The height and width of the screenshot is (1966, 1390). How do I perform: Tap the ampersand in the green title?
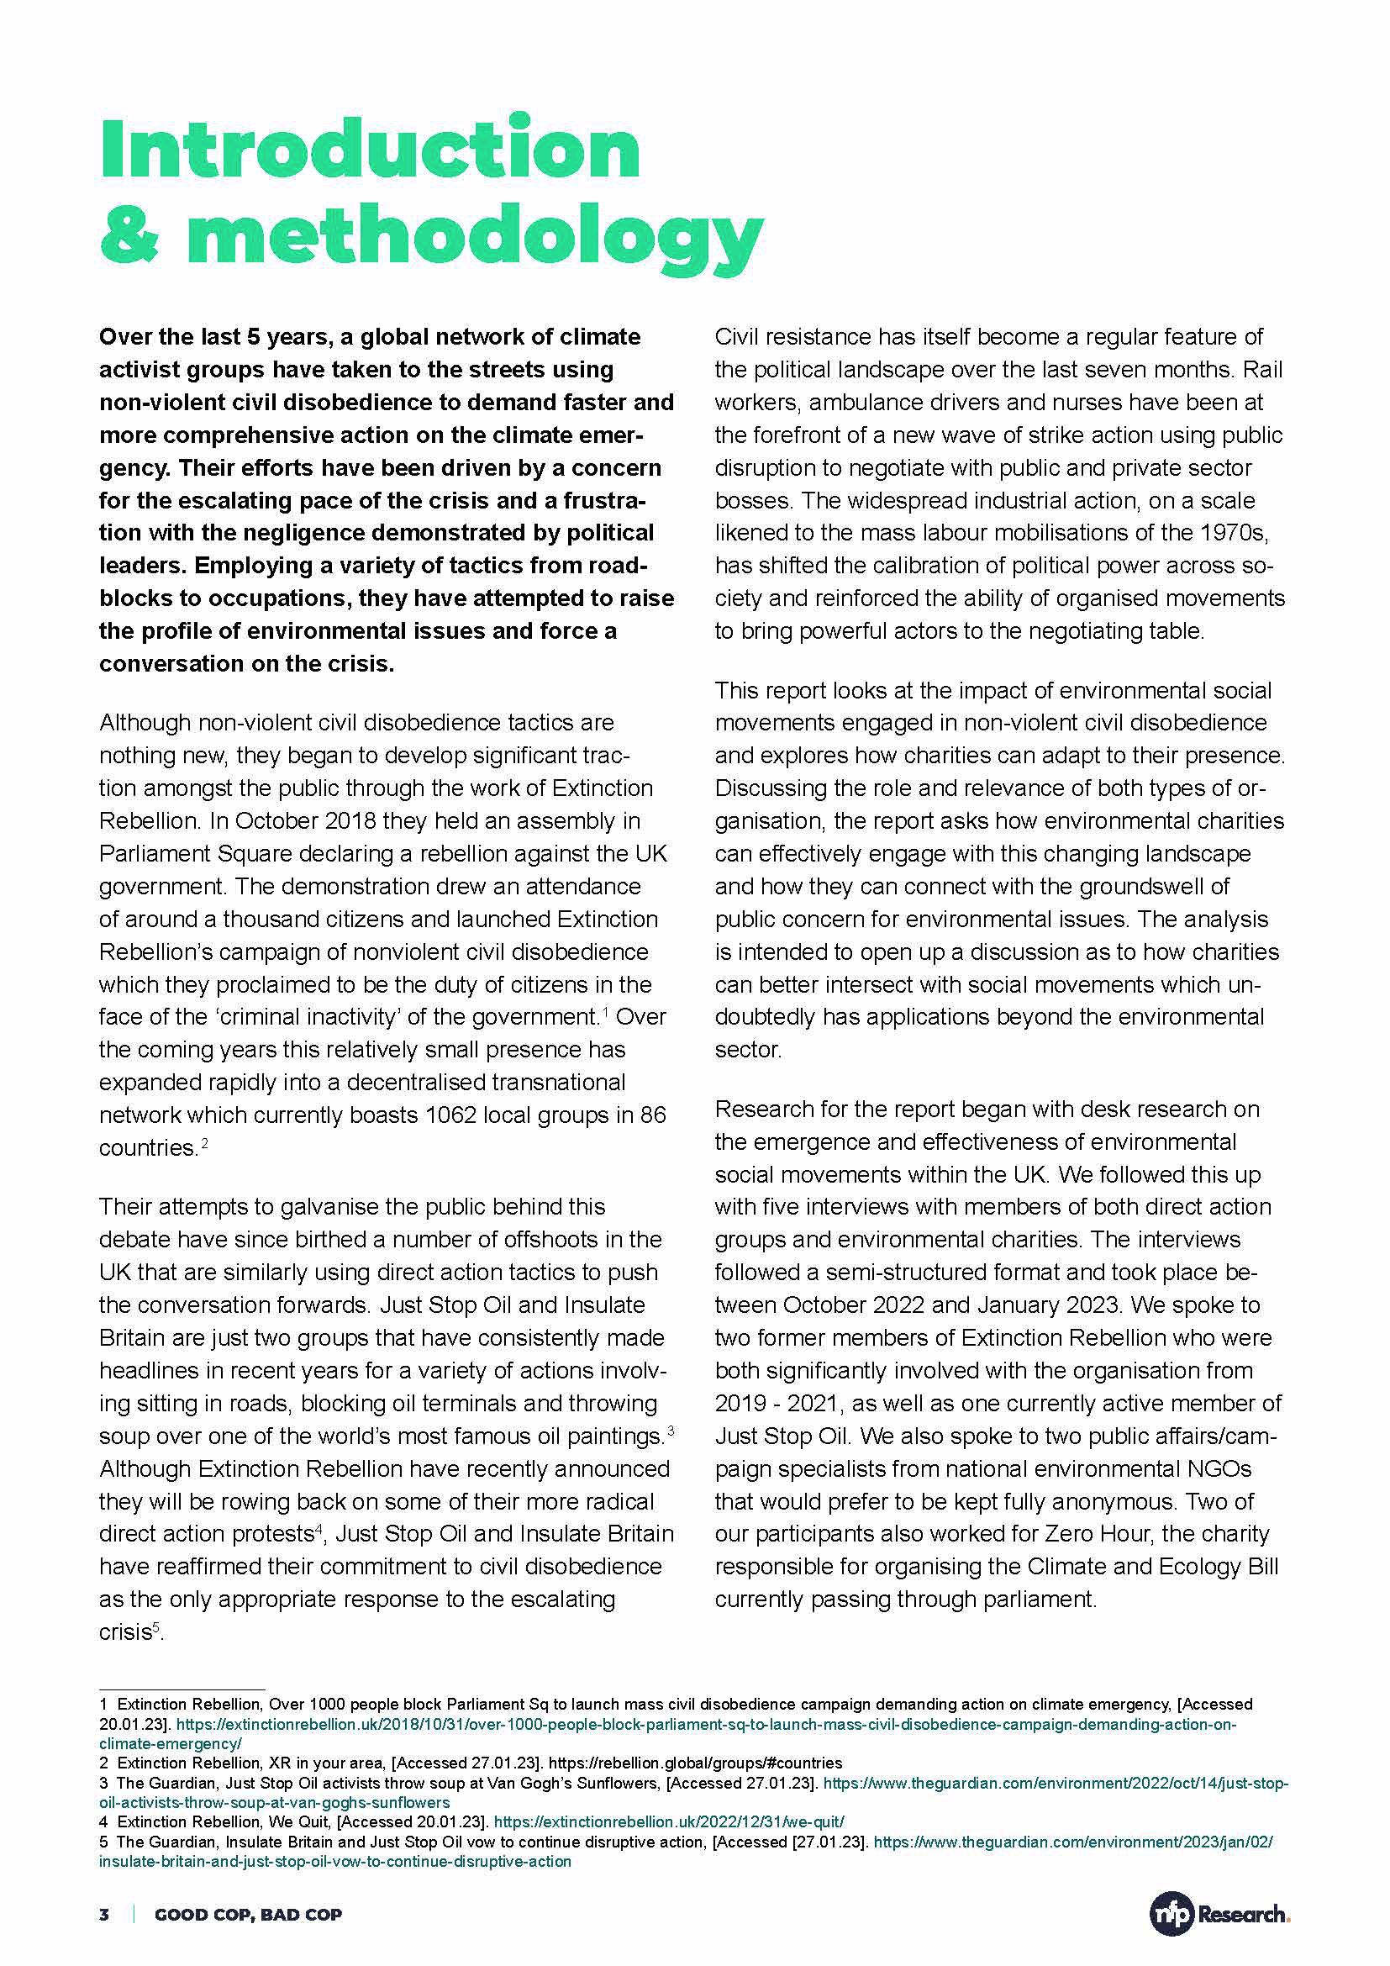(129, 236)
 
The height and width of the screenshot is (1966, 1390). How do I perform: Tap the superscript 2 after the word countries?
(204, 1142)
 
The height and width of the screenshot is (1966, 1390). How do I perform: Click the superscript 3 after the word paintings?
(671, 1430)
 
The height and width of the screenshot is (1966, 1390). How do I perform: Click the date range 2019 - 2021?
(778, 1404)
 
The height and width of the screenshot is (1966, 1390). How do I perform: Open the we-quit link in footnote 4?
(668, 1821)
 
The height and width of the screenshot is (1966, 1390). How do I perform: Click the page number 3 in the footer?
(104, 1915)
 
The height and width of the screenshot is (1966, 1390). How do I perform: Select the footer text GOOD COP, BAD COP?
(248, 1915)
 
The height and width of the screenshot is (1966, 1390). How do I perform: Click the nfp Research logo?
(1219, 1914)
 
